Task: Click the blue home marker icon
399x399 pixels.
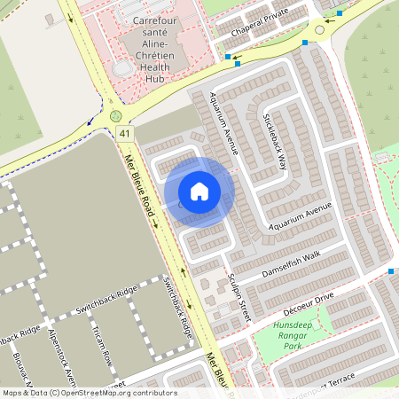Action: [x=199, y=192]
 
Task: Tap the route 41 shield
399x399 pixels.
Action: [x=125, y=134]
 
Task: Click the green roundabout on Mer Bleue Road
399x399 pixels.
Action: [x=115, y=116]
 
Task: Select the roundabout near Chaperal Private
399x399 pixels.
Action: [x=319, y=29]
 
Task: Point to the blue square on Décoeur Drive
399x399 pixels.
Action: [x=391, y=270]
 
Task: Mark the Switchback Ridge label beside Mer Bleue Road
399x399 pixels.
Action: [x=178, y=307]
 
